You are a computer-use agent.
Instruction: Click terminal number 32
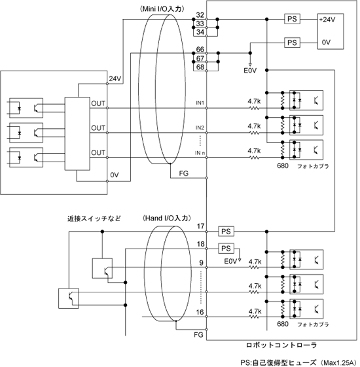pyautogui.click(x=200, y=15)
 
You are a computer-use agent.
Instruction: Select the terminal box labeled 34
pyautogui.click(x=200, y=32)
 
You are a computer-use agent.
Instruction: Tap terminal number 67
pyautogui.click(x=200, y=58)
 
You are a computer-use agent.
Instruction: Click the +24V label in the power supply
pyautogui.click(x=327, y=20)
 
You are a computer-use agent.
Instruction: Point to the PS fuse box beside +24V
pyautogui.click(x=292, y=19)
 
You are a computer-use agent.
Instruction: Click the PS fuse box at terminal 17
pyautogui.click(x=226, y=232)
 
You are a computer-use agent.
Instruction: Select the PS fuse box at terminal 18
pyautogui.click(x=226, y=249)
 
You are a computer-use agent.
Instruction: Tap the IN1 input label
pyautogui.click(x=200, y=103)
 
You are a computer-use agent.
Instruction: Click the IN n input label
pyautogui.click(x=200, y=153)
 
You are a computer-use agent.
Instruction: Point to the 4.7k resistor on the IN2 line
pyautogui.click(x=254, y=133)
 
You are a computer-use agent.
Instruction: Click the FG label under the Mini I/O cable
pyautogui.click(x=184, y=173)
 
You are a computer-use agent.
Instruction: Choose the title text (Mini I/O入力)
pyautogui.click(x=162, y=9)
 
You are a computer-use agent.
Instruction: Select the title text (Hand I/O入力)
pyautogui.click(x=166, y=218)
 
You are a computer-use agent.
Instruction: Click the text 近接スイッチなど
pyautogui.click(x=94, y=218)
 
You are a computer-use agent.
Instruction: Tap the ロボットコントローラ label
pyautogui.click(x=281, y=345)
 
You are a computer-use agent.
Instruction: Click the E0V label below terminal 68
pyautogui.click(x=250, y=71)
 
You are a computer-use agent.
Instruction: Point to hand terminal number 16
pyautogui.click(x=200, y=312)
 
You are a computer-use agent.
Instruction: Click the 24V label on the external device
pyautogui.click(x=115, y=79)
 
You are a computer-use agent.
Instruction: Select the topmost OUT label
pyautogui.click(x=98, y=103)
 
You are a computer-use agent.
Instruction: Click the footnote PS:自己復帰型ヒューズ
pyautogui.click(x=278, y=363)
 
